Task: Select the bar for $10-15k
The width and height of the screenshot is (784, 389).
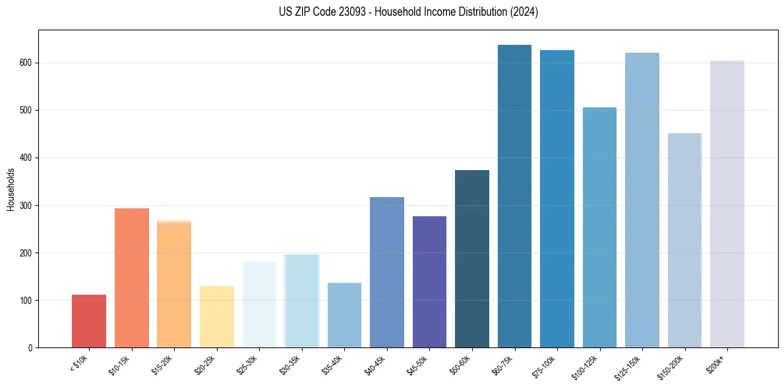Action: tap(132, 278)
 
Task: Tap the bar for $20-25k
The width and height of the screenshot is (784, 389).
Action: tap(217, 316)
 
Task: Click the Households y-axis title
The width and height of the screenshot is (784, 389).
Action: tap(11, 189)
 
